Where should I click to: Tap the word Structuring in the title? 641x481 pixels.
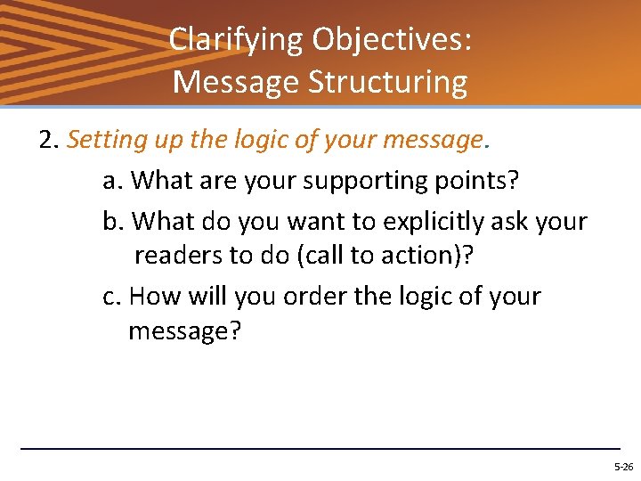click(x=387, y=82)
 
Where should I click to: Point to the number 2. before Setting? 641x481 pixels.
click(x=50, y=141)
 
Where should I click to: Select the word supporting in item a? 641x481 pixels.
click(x=352, y=181)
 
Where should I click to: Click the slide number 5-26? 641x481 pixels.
click(x=622, y=467)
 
